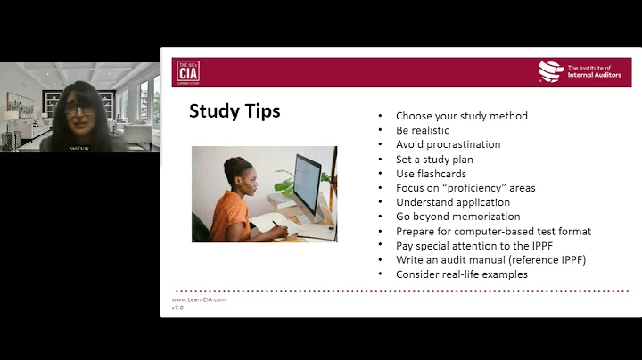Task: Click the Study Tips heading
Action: click(235, 111)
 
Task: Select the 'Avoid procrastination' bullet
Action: click(448, 144)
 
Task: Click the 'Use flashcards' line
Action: click(431, 174)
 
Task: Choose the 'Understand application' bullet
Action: click(452, 202)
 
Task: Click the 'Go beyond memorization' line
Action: click(457, 217)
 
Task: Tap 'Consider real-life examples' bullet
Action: click(461, 274)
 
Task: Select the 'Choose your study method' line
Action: click(461, 116)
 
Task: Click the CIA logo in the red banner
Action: click(188, 71)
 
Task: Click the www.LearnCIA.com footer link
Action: click(198, 299)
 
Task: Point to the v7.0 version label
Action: click(177, 307)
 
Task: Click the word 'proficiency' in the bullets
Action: click(487, 188)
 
